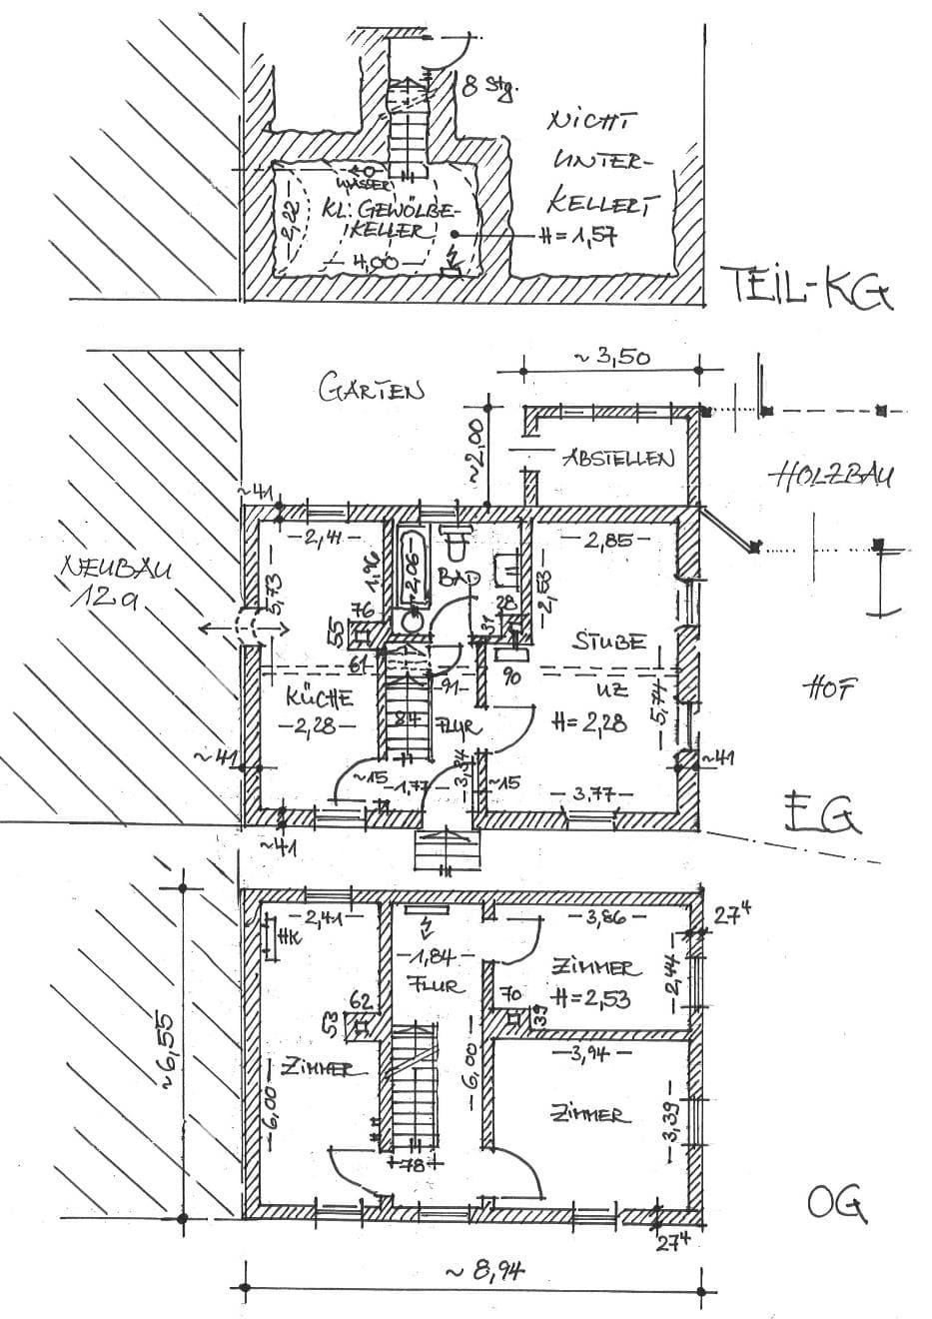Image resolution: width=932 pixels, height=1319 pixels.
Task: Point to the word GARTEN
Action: click(372, 389)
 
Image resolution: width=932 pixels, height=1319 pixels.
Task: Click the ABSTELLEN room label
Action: click(618, 459)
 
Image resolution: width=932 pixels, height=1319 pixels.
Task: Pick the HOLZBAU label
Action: click(831, 477)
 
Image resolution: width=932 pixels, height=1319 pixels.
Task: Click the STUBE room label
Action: click(608, 642)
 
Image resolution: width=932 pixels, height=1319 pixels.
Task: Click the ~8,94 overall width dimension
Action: click(484, 1272)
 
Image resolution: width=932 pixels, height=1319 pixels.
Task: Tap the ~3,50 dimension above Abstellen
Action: click(610, 356)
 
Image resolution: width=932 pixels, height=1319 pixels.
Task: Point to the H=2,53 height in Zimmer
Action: click(590, 996)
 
